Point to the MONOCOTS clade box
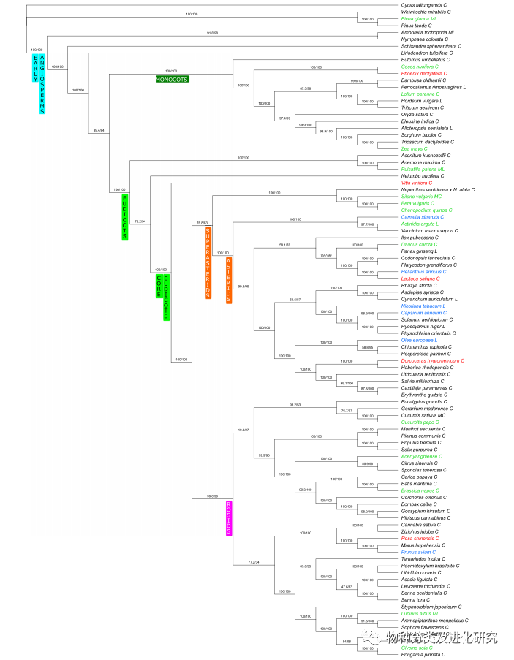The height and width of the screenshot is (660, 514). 172,78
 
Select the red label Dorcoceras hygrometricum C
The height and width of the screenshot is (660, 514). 433,360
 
